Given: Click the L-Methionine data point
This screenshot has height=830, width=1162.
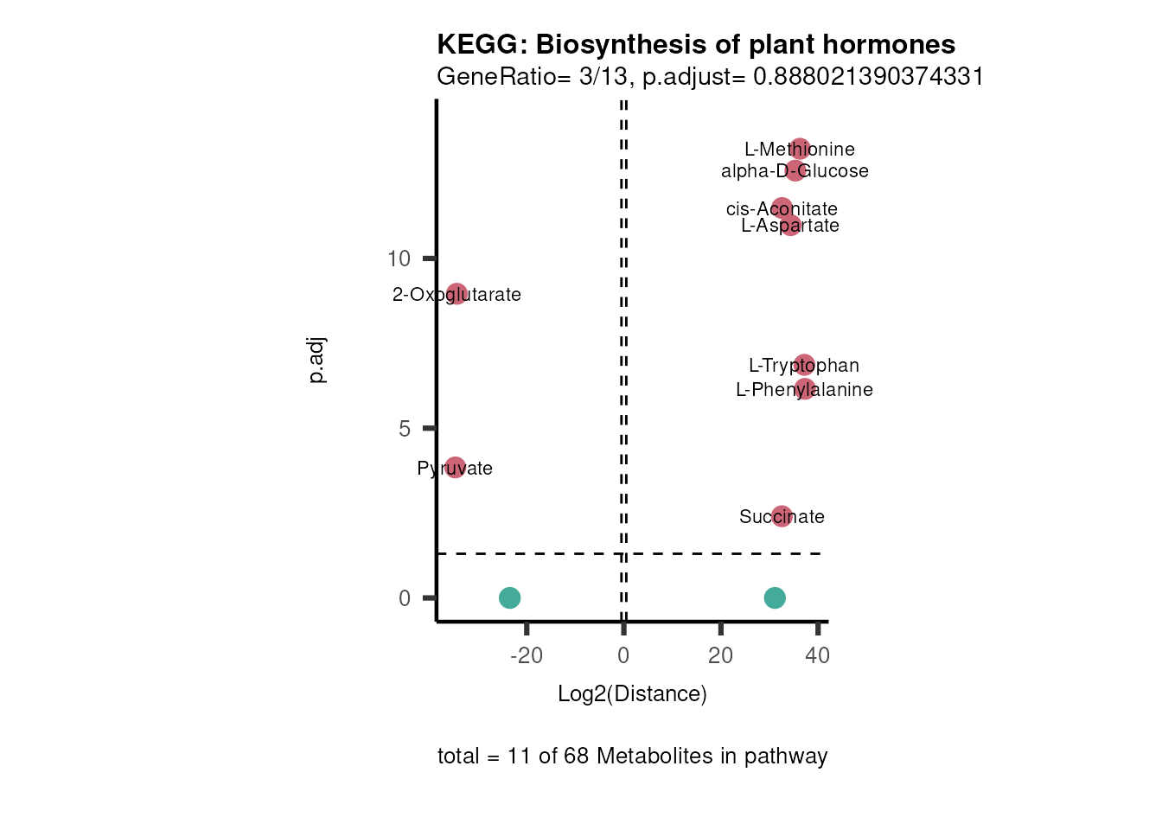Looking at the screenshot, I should pyautogui.click(x=801, y=149).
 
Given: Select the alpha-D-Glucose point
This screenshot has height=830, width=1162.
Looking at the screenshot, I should pyautogui.click(x=795, y=170).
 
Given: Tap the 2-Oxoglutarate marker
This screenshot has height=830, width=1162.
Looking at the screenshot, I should pyautogui.click(x=457, y=294).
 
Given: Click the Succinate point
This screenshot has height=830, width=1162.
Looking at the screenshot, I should pyautogui.click(x=782, y=516).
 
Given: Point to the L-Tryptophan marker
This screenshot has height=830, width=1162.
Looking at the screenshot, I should pyautogui.click(x=804, y=365).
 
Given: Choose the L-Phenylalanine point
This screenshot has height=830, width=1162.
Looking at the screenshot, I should pyautogui.click(x=805, y=389).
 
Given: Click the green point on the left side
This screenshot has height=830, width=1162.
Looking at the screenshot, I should pyautogui.click(x=510, y=597).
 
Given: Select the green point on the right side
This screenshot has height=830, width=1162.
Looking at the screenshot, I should pyautogui.click(x=775, y=597).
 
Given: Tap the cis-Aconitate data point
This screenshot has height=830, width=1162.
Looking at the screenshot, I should pyautogui.click(x=782, y=207).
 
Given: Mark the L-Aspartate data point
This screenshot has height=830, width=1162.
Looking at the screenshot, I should pyautogui.click(x=791, y=226).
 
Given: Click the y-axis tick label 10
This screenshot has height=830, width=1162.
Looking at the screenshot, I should pyautogui.click(x=399, y=259).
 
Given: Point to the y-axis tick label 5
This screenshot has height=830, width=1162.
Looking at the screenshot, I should pyautogui.click(x=405, y=429).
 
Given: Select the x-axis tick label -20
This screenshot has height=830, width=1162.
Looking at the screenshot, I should pyautogui.click(x=527, y=655).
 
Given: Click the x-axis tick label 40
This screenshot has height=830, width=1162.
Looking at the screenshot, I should pyautogui.click(x=817, y=655).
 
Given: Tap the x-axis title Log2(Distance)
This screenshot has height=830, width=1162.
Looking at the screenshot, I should pyautogui.click(x=632, y=693).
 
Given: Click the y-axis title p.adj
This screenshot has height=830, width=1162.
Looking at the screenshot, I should pyautogui.click(x=317, y=361).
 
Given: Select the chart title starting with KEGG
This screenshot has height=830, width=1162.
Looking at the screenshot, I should pyautogui.click(x=696, y=44).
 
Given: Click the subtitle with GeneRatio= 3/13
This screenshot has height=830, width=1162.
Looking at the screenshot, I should pyautogui.click(x=710, y=76).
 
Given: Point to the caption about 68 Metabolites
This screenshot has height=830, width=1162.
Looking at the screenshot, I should pyautogui.click(x=632, y=756).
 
